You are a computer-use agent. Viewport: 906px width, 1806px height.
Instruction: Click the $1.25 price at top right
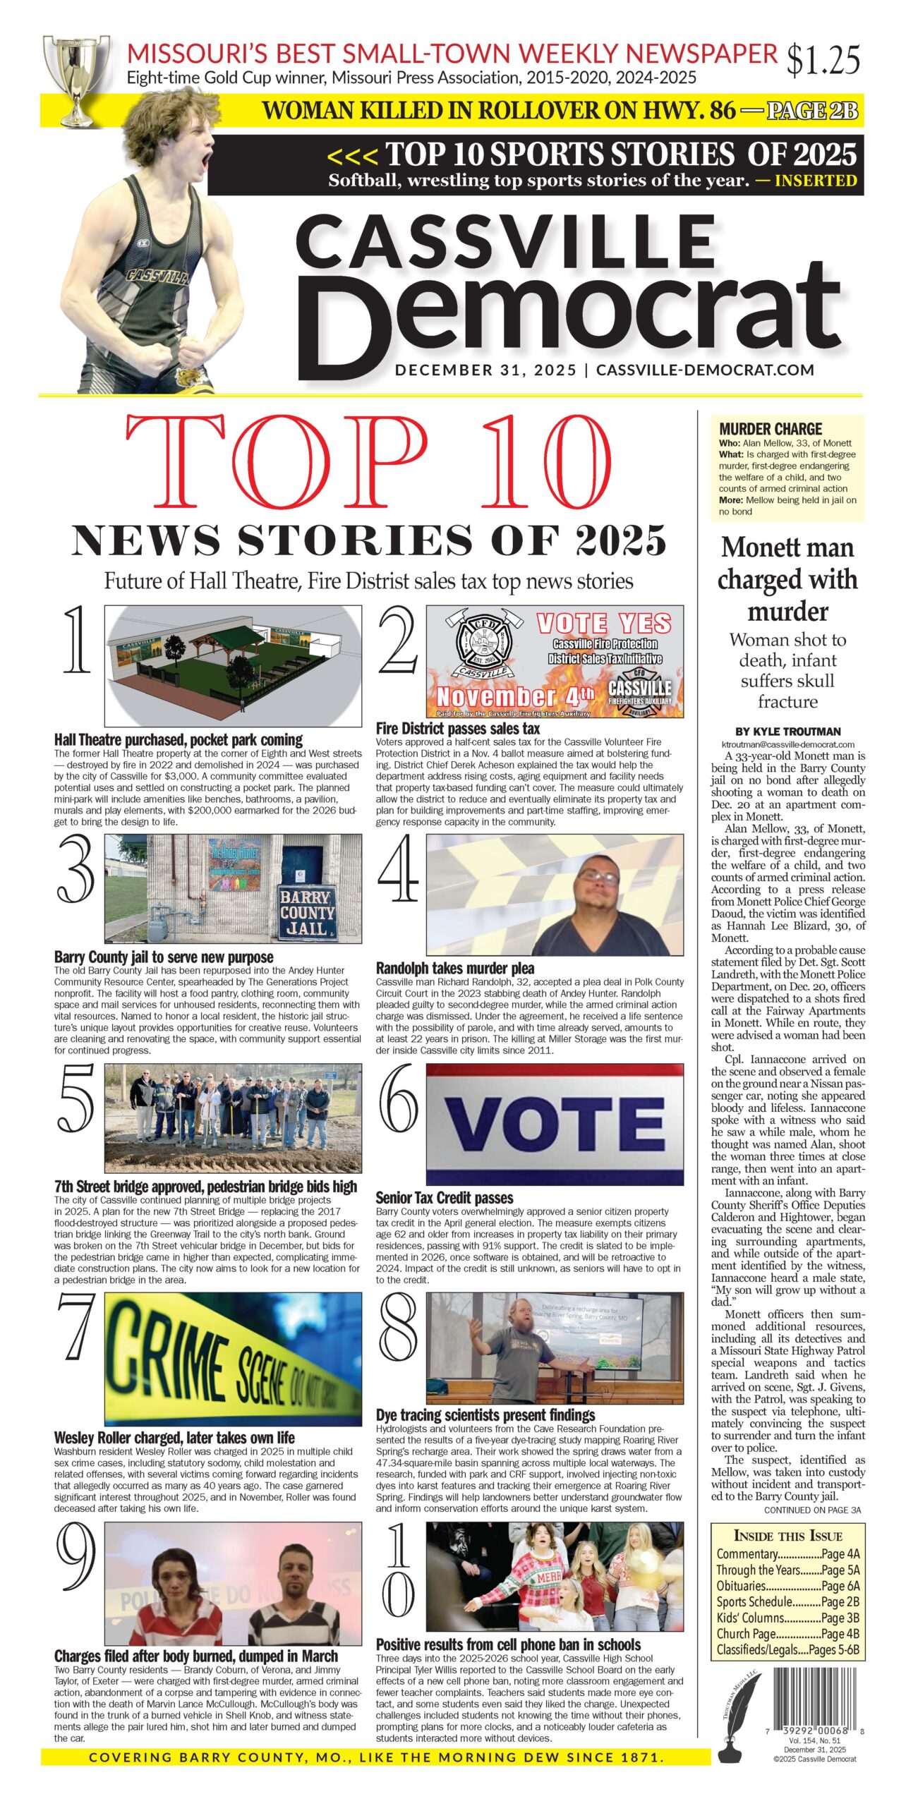823,60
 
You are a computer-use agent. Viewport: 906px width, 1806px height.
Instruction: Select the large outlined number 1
76,641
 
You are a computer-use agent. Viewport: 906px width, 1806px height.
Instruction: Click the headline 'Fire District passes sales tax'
457,729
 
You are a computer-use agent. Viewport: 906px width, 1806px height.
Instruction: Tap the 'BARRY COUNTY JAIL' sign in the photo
306,913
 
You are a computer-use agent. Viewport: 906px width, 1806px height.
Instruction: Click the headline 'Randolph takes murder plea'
454,969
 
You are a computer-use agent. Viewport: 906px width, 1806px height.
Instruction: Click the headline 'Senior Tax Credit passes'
444,1198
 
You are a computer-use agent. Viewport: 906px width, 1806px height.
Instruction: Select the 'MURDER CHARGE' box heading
771,429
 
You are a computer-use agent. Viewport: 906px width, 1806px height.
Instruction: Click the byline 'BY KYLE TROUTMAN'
787,732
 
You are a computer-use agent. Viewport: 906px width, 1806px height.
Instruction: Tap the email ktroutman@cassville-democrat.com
787,744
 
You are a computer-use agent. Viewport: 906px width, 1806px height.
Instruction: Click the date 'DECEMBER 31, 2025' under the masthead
485,370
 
